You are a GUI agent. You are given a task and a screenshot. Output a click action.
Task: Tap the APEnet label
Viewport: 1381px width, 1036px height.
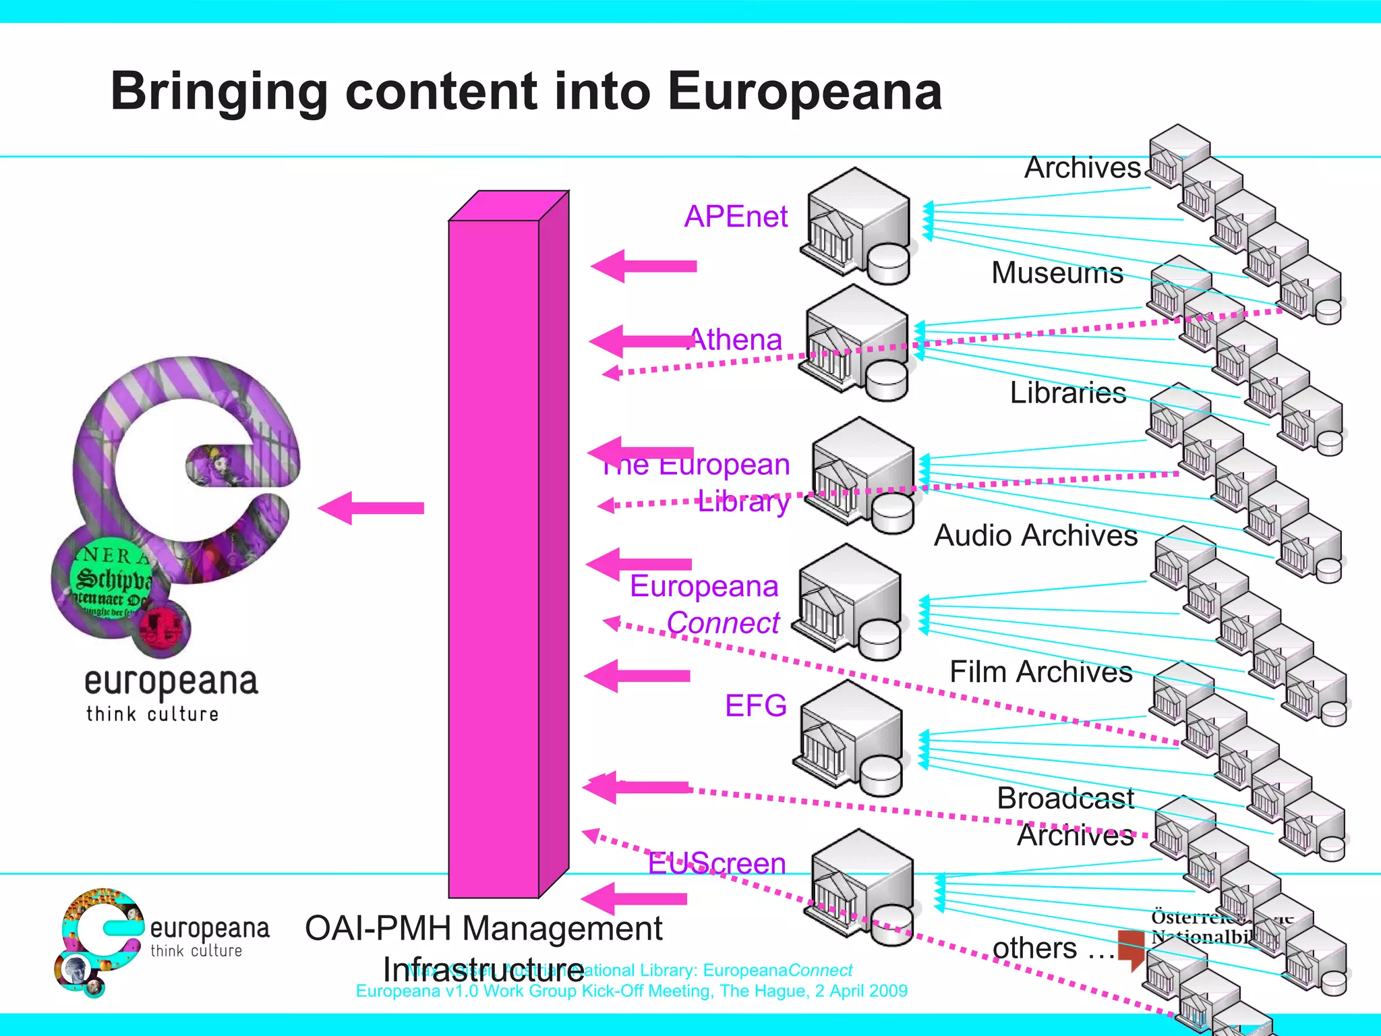[736, 217]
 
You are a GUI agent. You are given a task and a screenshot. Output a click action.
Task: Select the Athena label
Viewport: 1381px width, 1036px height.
[736, 340]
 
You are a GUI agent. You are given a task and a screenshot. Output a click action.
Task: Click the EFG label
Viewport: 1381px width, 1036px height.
[755, 706]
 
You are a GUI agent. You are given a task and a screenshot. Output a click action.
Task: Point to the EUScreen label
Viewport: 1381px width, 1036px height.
[717, 864]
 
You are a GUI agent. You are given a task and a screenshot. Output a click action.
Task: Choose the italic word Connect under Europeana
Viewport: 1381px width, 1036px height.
[723, 623]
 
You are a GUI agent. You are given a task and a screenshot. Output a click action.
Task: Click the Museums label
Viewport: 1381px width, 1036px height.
[1057, 273]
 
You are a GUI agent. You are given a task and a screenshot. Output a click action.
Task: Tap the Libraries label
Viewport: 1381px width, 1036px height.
[1067, 393]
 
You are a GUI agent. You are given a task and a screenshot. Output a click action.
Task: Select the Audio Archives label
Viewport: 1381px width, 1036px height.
[1035, 536]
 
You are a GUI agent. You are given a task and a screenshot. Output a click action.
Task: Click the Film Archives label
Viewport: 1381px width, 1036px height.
[1040, 672]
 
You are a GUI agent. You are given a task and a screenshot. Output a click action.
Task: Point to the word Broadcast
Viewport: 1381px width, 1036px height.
[1065, 799]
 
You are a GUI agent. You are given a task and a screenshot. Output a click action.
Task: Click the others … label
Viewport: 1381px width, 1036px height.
[1052, 948]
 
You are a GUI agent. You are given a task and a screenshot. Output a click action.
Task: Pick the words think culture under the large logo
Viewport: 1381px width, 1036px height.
[152, 714]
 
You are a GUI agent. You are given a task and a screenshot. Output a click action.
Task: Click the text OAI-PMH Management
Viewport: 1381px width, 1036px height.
[483, 928]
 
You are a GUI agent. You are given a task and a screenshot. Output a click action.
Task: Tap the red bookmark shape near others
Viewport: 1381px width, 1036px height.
[1132, 948]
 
